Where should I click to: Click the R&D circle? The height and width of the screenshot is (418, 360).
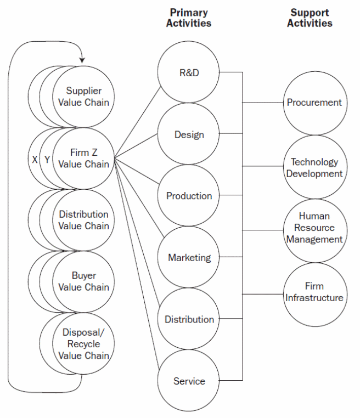(x=189, y=73)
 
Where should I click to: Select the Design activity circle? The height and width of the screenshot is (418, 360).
(x=189, y=134)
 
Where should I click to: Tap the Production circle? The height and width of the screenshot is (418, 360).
(x=189, y=196)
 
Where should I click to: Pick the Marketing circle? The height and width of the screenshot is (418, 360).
(x=189, y=257)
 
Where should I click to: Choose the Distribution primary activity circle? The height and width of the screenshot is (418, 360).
(x=189, y=319)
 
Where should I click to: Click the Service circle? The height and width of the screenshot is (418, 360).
(x=189, y=381)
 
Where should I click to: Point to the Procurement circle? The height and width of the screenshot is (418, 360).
(x=314, y=103)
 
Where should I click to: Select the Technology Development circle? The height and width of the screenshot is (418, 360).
(x=314, y=167)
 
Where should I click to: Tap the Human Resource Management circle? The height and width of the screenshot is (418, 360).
(x=314, y=228)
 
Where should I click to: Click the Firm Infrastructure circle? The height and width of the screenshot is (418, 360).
(x=314, y=292)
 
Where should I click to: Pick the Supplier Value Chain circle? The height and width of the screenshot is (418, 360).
(x=83, y=97)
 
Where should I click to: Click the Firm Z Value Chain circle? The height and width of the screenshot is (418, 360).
(x=83, y=158)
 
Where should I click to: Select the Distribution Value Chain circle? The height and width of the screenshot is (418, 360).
(x=83, y=220)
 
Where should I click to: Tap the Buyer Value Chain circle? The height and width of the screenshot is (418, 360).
(x=83, y=281)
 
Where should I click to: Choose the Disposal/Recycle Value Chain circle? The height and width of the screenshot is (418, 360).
(x=83, y=343)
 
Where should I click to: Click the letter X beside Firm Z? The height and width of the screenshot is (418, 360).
(x=35, y=160)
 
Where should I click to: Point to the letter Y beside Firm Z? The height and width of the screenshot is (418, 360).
(x=47, y=160)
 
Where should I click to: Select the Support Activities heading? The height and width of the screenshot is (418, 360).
(x=310, y=18)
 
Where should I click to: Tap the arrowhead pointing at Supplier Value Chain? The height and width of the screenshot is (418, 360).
(x=82, y=59)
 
